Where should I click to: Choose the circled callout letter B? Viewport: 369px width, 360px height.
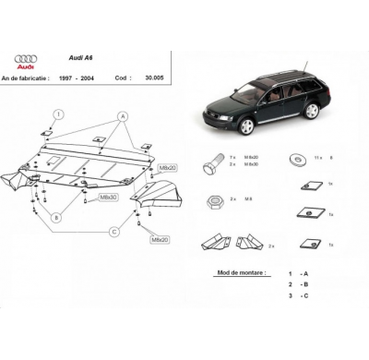pyautogui.click(x=56, y=218)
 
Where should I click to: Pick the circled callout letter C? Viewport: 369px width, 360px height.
pyautogui.click(x=113, y=230)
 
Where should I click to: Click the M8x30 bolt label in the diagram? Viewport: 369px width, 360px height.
pyautogui.click(x=108, y=197)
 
